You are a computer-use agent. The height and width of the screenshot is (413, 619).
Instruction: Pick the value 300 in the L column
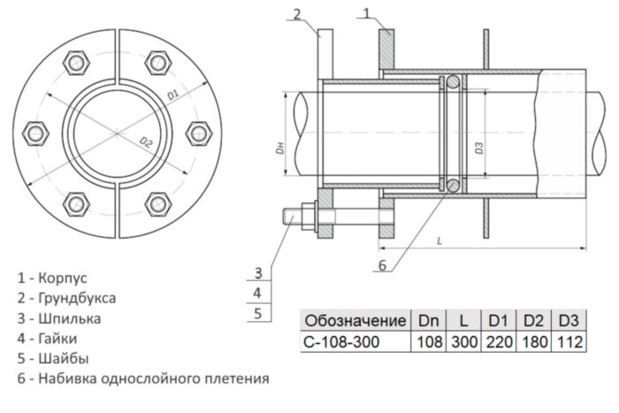(462, 340)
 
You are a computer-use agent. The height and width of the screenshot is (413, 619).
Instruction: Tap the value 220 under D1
(499, 340)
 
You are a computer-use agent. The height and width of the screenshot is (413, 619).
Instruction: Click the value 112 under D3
(569, 340)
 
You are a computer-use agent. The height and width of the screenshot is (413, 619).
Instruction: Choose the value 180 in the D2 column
(534, 340)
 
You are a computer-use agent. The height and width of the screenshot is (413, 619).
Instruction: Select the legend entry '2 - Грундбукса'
(66, 299)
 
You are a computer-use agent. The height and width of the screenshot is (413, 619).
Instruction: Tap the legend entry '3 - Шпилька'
(58, 318)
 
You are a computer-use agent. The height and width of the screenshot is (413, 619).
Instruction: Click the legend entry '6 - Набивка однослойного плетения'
(142, 379)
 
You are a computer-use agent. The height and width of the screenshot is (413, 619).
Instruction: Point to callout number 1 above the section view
(370, 11)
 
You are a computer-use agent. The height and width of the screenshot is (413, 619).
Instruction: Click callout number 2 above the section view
(297, 12)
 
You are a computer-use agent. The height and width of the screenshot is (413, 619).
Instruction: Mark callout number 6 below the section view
(382, 264)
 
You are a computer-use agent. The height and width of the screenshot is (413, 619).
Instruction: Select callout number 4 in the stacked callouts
(256, 291)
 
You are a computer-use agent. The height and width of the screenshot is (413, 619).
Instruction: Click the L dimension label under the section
(439, 239)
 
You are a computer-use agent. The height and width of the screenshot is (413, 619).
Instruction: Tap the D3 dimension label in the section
(478, 148)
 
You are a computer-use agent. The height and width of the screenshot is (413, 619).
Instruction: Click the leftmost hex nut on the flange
(36, 134)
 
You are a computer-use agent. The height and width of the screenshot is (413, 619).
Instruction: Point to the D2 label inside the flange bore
(146, 142)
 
